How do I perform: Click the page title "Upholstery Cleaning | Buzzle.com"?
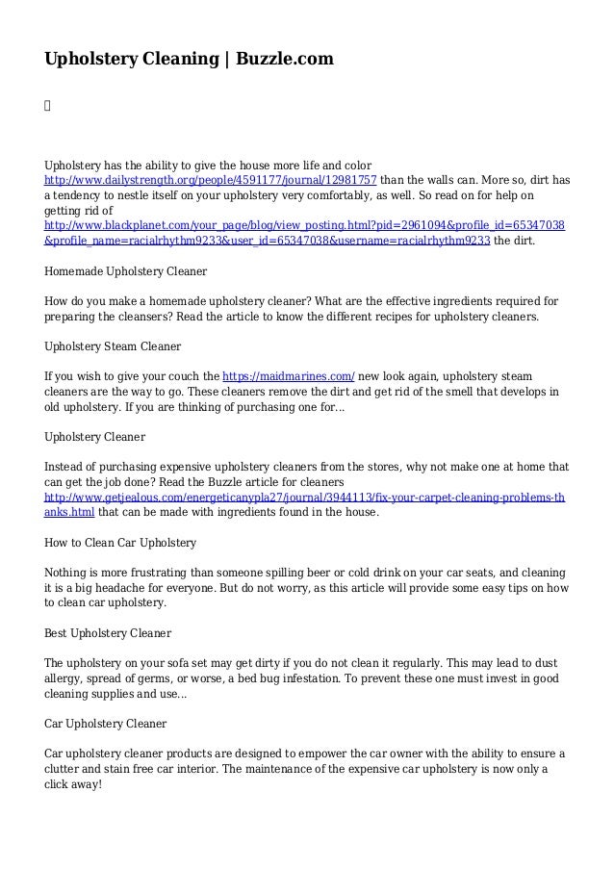[190, 60]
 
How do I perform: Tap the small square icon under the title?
[48, 99]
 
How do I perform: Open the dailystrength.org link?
[211, 180]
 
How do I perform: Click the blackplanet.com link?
[305, 225]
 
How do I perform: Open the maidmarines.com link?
[289, 376]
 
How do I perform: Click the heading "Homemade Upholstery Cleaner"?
[126, 271]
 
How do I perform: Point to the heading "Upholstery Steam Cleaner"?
[113, 345]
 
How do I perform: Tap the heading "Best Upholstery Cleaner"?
[108, 633]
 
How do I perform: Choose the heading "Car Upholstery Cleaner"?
[106, 723]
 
